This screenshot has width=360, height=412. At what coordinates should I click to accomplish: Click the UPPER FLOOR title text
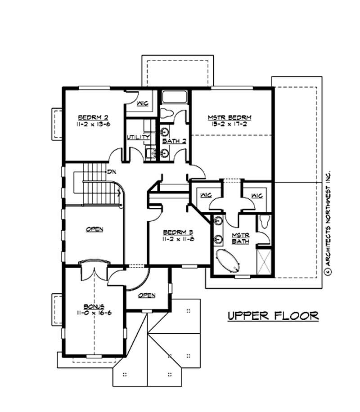273,315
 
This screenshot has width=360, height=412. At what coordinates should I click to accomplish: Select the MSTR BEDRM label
229,118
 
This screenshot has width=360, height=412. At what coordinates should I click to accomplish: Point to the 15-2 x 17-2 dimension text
229,125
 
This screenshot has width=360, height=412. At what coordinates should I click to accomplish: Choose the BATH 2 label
174,141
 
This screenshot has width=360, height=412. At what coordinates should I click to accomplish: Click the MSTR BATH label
238,238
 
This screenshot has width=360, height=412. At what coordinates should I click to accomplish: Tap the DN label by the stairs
110,172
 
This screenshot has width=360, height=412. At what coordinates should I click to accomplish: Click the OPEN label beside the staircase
94,229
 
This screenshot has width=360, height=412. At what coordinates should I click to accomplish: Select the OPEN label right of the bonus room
147,295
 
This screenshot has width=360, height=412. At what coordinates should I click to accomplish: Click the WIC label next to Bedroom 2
143,103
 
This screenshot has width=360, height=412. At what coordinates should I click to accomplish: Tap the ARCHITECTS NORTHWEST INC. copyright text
328,220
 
